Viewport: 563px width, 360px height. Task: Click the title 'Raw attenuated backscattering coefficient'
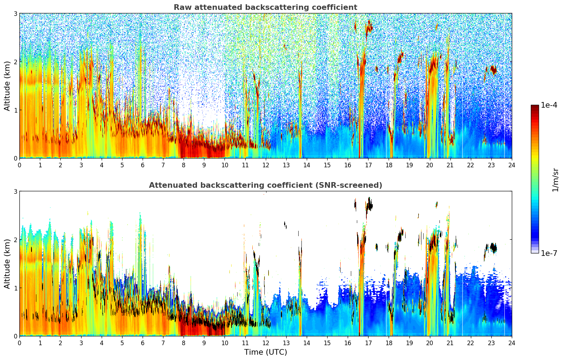point(265,7)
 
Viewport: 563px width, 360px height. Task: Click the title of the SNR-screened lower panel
point(265,185)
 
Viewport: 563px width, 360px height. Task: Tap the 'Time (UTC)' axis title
point(265,352)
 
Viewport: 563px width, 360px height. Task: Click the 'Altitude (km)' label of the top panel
point(7,86)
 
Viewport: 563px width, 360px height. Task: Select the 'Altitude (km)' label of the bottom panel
point(7,264)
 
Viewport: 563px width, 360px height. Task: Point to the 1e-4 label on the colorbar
point(549,105)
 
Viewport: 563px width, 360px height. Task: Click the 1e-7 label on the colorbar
point(549,253)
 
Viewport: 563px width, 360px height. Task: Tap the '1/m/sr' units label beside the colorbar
point(555,180)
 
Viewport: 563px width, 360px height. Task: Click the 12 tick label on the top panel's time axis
point(265,165)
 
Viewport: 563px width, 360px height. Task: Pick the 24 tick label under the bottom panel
point(511,343)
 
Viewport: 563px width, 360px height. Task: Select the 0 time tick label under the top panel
point(19,165)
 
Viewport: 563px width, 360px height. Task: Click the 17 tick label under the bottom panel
point(368,343)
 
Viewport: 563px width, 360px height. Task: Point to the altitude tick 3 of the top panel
point(15,13)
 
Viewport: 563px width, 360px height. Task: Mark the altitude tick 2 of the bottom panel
point(15,240)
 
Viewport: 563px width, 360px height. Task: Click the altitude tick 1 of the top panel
point(15,110)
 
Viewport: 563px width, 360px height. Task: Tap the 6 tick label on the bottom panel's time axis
point(143,343)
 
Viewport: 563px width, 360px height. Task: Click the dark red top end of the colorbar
point(534,107)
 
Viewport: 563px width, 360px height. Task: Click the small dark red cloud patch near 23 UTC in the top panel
point(493,70)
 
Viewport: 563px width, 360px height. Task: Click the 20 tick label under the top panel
point(430,165)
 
